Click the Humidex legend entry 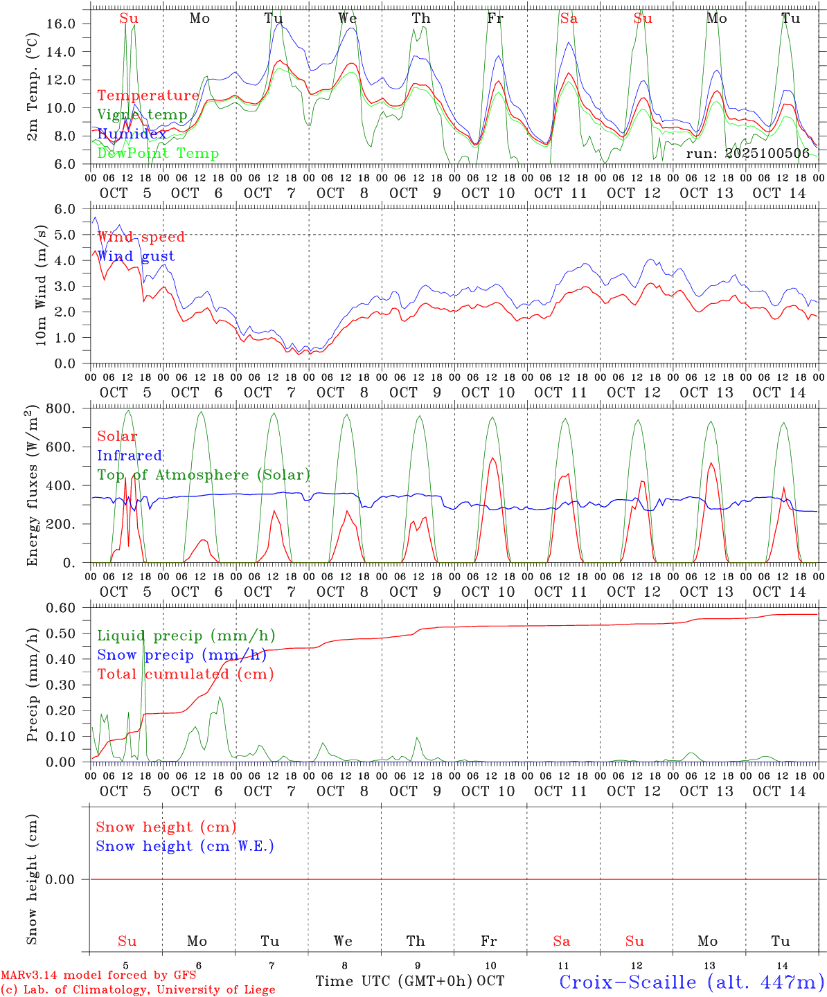pos(132,134)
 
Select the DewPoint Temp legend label pos(158,154)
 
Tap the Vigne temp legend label pos(142,115)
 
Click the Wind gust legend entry pos(136,256)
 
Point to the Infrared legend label pos(130,456)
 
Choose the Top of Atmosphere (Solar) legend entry pos(204,475)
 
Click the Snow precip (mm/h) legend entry pos(181,655)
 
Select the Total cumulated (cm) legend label pos(185,674)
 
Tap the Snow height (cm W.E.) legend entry pos(185,846)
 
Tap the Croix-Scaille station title pos(692,982)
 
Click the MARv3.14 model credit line pos(98,976)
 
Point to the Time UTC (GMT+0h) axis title pos(393,981)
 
